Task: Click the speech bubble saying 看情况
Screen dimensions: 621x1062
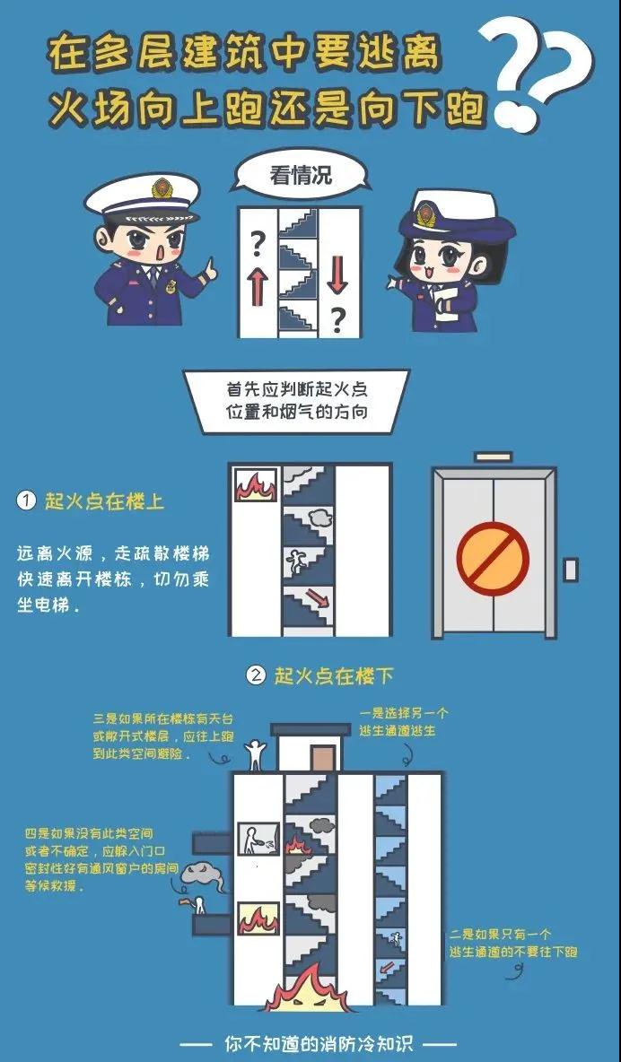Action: pyautogui.click(x=300, y=175)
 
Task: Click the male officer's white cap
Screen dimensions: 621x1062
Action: pyautogui.click(x=143, y=197)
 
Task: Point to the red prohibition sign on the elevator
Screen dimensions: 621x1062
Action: pyautogui.click(x=492, y=558)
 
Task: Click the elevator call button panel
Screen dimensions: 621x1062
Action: pyautogui.click(x=571, y=570)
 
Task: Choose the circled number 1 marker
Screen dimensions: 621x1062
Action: pyautogui.click(x=26, y=501)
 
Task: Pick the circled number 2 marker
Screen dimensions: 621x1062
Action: pyautogui.click(x=256, y=675)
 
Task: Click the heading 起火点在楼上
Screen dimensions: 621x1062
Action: pyautogui.click(x=104, y=501)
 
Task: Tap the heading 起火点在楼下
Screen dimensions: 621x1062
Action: pyautogui.click(x=334, y=675)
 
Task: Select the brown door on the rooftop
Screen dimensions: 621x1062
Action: pyautogui.click(x=323, y=758)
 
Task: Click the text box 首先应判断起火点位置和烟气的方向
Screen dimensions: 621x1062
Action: pyautogui.click(x=297, y=400)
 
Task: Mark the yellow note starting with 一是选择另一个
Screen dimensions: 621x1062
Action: pyautogui.click(x=403, y=722)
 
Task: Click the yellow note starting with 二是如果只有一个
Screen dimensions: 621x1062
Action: pyautogui.click(x=512, y=943)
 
